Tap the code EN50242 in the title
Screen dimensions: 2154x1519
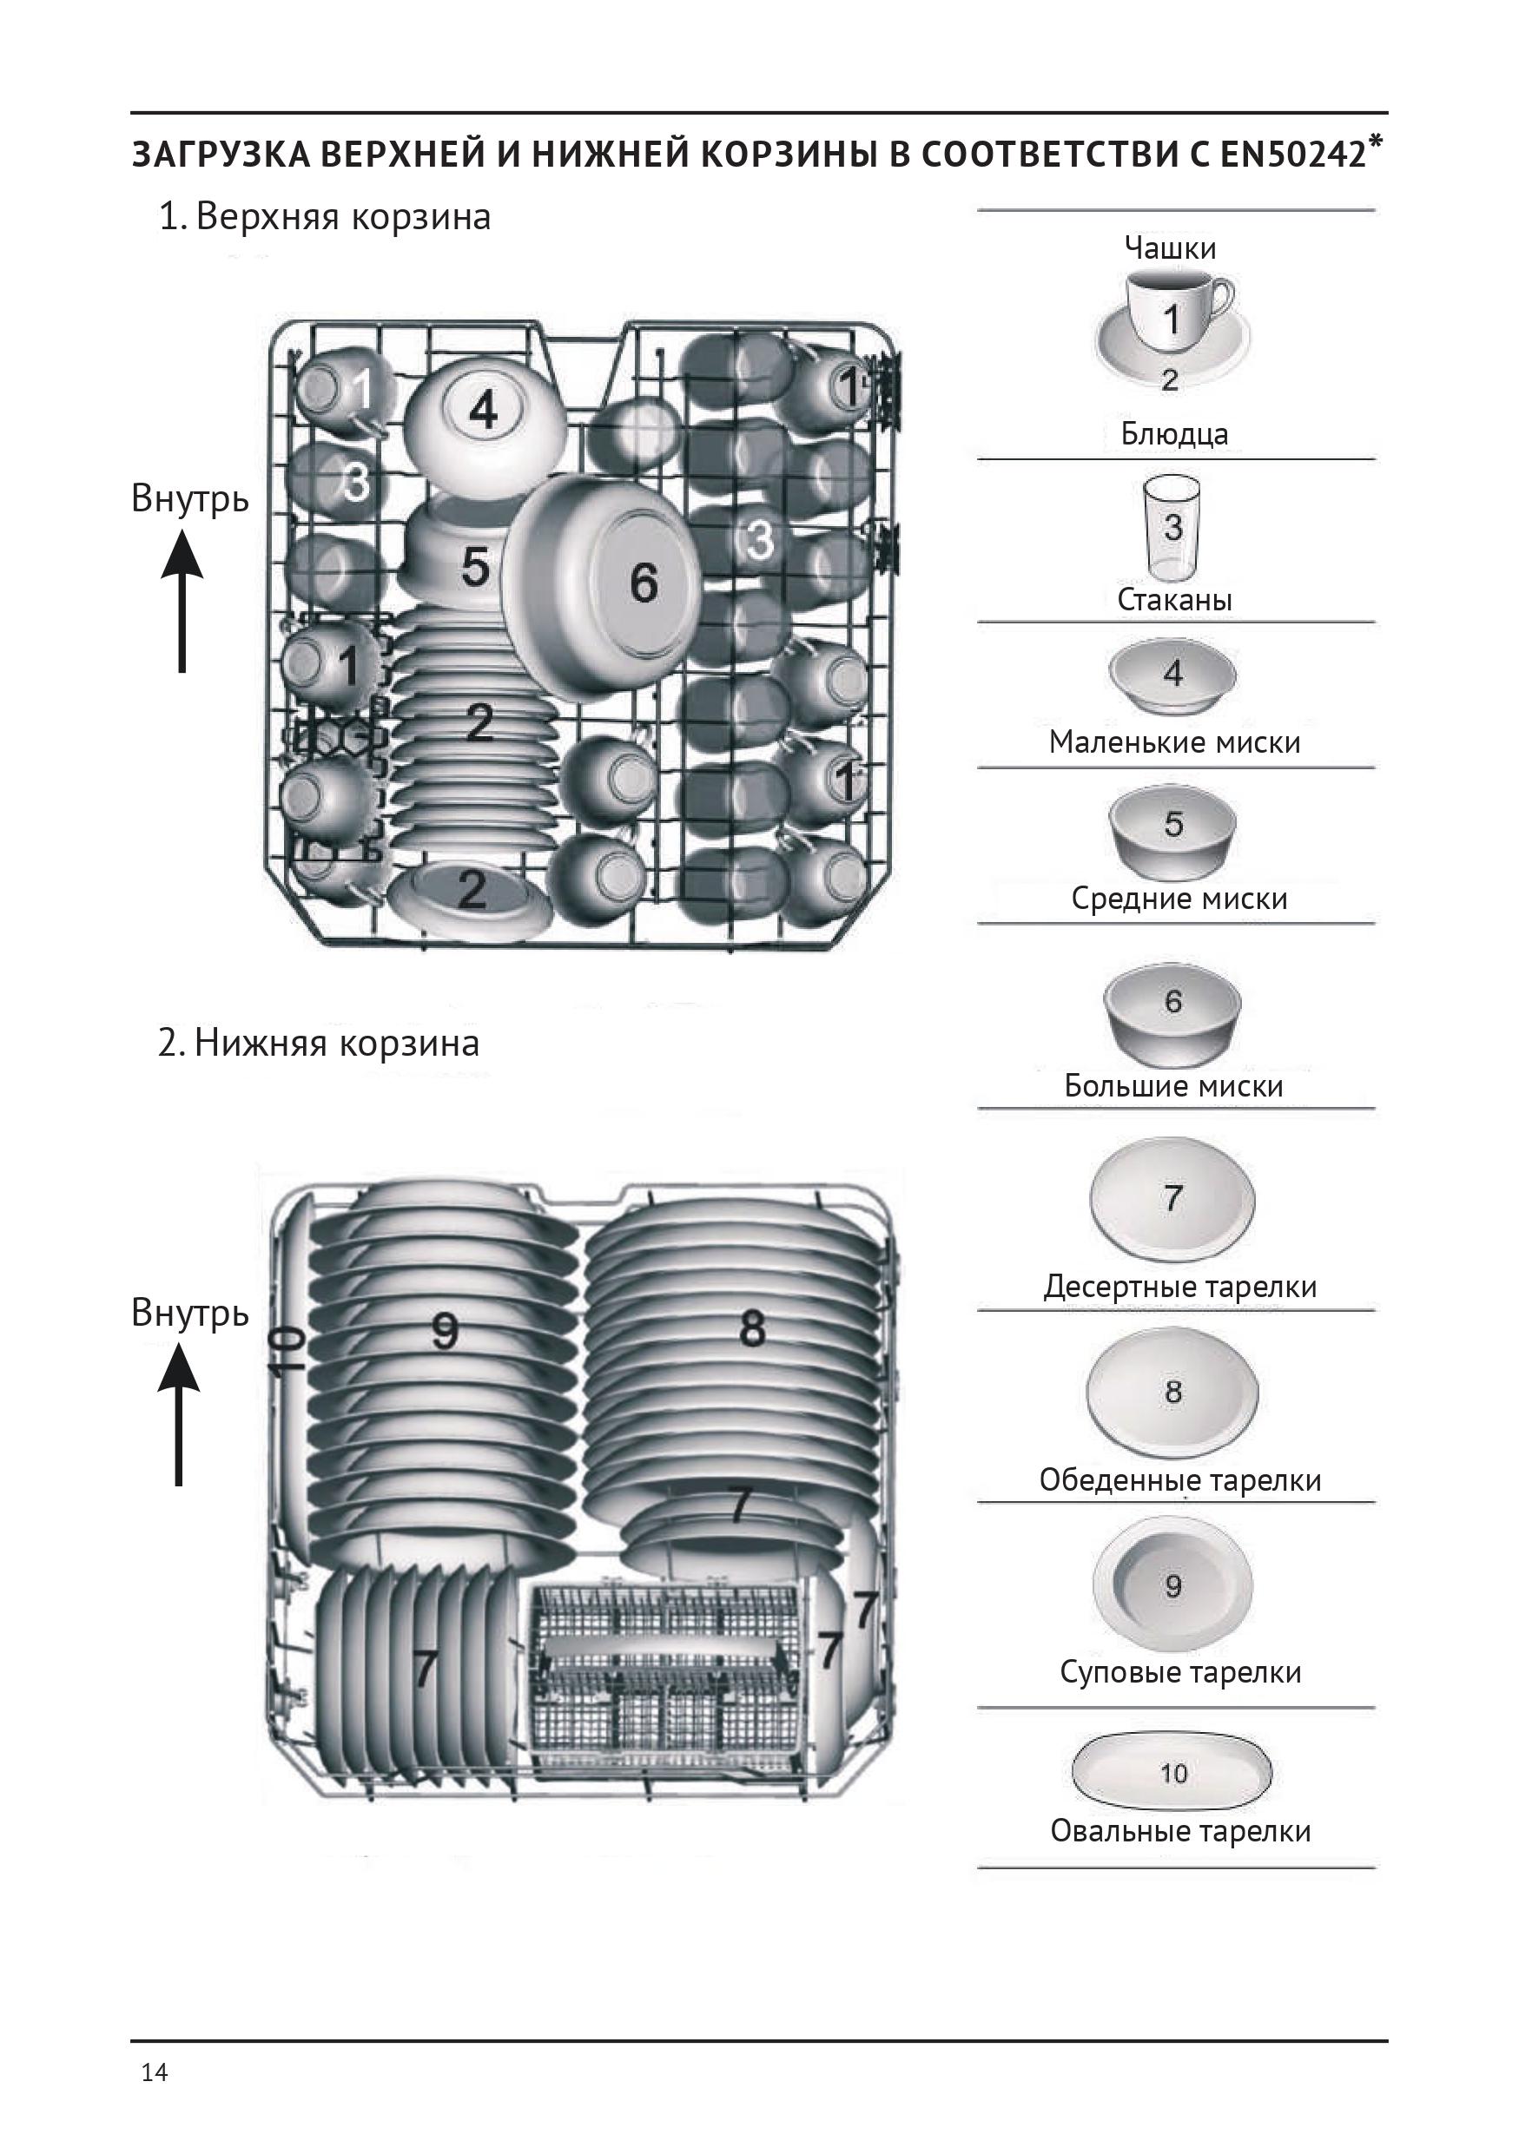pos(1292,155)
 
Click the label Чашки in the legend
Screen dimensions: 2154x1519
pos(1170,248)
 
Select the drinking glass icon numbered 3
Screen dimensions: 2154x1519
pos(1172,530)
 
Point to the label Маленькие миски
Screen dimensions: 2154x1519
pos(1175,742)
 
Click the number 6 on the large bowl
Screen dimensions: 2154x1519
pos(644,583)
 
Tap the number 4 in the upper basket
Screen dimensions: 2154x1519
pos(482,410)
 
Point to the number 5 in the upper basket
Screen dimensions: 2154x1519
pos(475,567)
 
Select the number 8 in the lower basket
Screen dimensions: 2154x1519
pos(751,1328)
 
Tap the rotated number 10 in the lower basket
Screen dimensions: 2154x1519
pos(288,1351)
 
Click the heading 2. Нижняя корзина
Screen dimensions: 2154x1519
pos(318,1044)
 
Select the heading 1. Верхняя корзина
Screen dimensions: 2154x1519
pos(325,217)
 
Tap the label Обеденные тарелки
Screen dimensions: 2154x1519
pos(1179,1479)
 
